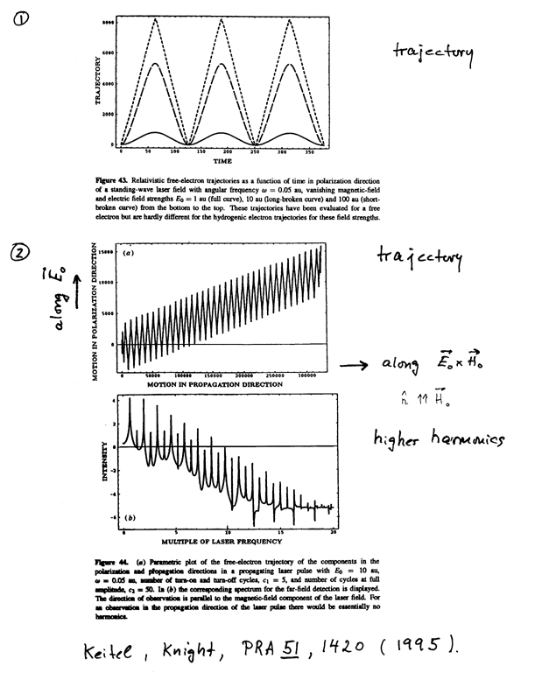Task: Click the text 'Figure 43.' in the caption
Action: click(115, 181)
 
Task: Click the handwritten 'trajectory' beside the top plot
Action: click(433, 55)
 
